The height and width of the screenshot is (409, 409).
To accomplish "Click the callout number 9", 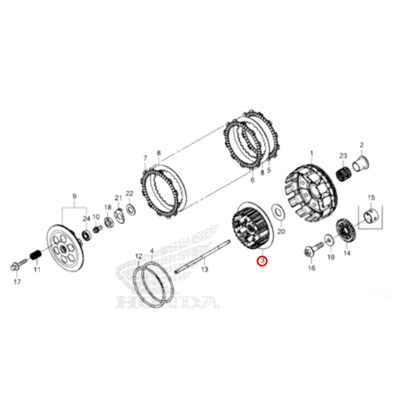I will pos(74,196).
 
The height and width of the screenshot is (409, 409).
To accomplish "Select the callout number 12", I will pos(139,256).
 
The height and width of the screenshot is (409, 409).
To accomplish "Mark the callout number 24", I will pos(86,219).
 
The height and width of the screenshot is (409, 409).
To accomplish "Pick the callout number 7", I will pos(145,158).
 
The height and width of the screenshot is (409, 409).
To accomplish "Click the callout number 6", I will pos(252,180).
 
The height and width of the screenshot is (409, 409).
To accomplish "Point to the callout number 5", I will pos(269,170).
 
